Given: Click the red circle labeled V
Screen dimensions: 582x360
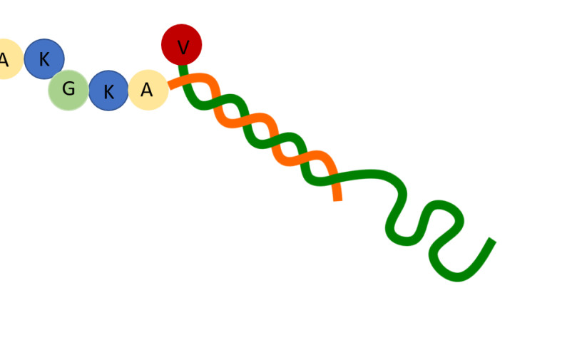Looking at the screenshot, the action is (181, 44).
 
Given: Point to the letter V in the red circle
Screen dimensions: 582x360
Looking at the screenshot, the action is (183, 48).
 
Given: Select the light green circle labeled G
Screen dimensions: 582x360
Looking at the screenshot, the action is (68, 91).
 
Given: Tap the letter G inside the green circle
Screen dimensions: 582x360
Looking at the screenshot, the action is (68, 88).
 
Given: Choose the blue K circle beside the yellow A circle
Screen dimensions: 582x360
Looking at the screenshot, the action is (108, 91).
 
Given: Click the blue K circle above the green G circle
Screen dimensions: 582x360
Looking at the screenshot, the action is (44, 58).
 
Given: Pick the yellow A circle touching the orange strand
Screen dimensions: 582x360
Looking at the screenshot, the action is (148, 90).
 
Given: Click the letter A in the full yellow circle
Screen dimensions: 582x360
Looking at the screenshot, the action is (147, 90).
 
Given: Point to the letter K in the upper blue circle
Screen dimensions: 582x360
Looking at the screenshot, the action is (44, 59).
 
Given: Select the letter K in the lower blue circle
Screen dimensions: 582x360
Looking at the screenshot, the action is (108, 92).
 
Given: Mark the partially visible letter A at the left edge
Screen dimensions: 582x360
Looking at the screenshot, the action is (4, 59).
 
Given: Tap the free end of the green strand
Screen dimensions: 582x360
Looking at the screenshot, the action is (493, 240).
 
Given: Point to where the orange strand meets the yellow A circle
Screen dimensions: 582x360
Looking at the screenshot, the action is (169, 86).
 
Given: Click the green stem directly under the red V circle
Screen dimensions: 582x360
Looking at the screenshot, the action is (183, 69).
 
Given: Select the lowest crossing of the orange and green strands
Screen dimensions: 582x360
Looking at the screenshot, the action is (334, 178).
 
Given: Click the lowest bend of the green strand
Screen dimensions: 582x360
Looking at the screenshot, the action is (457, 277).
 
